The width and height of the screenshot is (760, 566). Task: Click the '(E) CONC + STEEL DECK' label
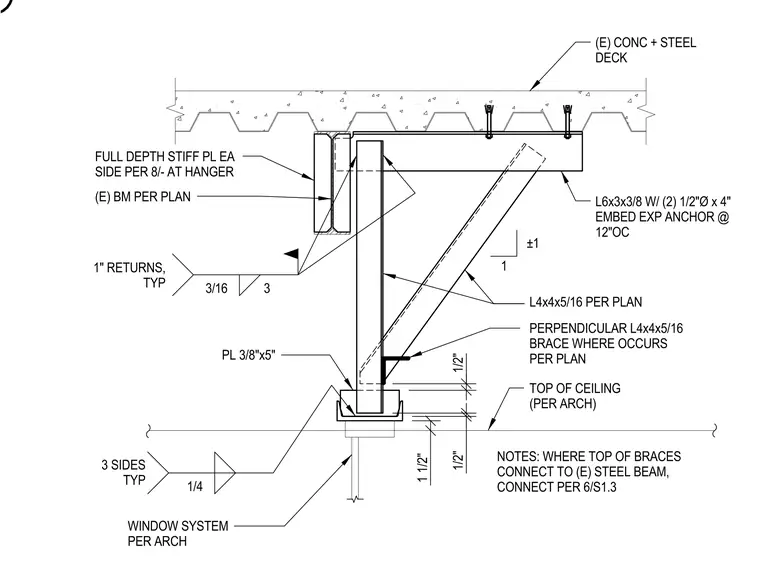[x=645, y=50]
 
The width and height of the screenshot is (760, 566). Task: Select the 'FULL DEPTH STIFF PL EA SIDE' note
[x=164, y=164]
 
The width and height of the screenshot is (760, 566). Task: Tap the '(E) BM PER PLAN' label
[x=142, y=197]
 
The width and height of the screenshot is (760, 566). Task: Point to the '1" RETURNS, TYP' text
[x=129, y=275]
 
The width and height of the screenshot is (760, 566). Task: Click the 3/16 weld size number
[x=216, y=288]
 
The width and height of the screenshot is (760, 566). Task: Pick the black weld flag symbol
[x=291, y=253]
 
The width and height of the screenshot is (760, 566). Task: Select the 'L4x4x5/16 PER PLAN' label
[x=586, y=302]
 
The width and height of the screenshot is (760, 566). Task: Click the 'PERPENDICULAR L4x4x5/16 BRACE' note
[x=606, y=344]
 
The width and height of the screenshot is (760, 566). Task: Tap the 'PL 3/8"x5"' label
[x=248, y=355]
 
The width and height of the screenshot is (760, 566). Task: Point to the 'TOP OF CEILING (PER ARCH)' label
[x=575, y=396]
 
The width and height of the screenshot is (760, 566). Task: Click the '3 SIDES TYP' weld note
[x=123, y=472]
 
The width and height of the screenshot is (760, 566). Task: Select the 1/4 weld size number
[x=195, y=487]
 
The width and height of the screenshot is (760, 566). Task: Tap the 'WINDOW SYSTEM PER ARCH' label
[x=178, y=534]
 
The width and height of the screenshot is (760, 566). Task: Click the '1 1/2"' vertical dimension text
[x=423, y=468]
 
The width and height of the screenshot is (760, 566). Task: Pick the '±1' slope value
[x=533, y=243]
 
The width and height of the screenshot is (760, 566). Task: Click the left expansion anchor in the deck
[x=489, y=121]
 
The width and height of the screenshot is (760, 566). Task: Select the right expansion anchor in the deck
[x=568, y=121]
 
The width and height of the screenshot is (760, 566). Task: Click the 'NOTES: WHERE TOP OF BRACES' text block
[x=589, y=472]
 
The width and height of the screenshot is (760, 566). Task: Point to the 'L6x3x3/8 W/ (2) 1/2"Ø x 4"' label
[x=663, y=202]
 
